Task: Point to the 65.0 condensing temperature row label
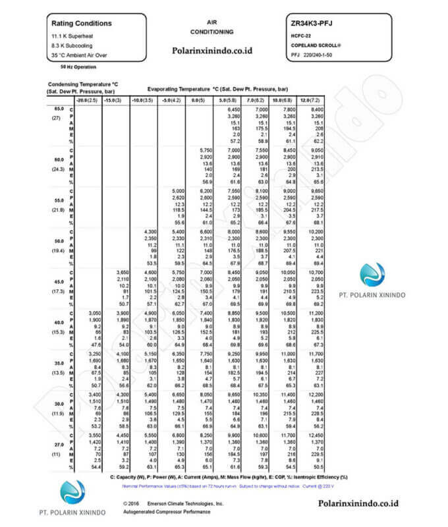pyautogui.click(x=59, y=108)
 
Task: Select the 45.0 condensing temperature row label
pyautogui.click(x=59, y=282)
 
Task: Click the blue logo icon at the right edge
pyautogui.click(x=373, y=275)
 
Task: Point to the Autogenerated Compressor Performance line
pyautogui.click(x=174, y=511)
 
